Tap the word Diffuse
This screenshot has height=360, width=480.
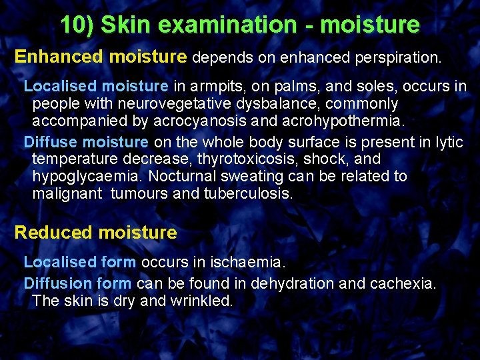pyautogui.click(x=51, y=142)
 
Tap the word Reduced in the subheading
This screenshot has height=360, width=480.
pyautogui.click(x=53, y=233)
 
